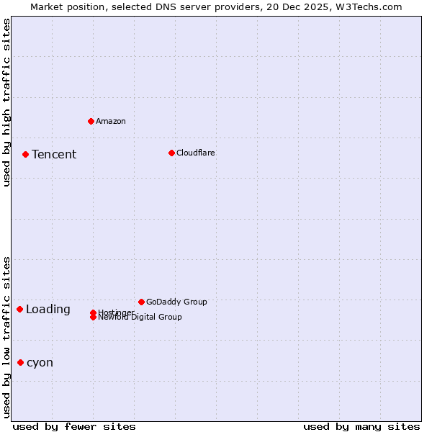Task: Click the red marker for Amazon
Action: (91, 121)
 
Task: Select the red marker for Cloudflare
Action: (171, 153)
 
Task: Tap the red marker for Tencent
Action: (25, 154)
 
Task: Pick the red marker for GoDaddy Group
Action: (141, 302)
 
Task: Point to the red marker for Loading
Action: (19, 309)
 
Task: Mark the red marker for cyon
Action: (20, 362)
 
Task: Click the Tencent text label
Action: (54, 154)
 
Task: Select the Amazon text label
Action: (111, 121)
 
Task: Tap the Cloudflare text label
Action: (196, 153)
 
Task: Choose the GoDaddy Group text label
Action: (176, 302)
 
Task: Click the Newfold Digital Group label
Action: (140, 318)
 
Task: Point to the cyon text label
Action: (40, 362)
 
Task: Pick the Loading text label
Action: (48, 310)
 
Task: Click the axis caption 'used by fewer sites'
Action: (74, 426)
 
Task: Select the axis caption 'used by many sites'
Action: (361, 426)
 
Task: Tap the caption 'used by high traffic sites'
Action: (6, 102)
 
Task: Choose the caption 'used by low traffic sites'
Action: (6, 337)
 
